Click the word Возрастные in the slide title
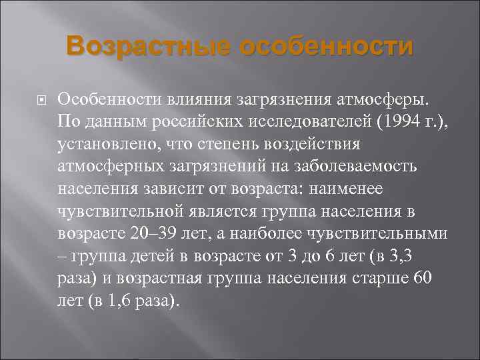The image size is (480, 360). [x=148, y=47]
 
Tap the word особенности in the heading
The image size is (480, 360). [x=325, y=47]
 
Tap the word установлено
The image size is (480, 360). [x=103, y=144]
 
